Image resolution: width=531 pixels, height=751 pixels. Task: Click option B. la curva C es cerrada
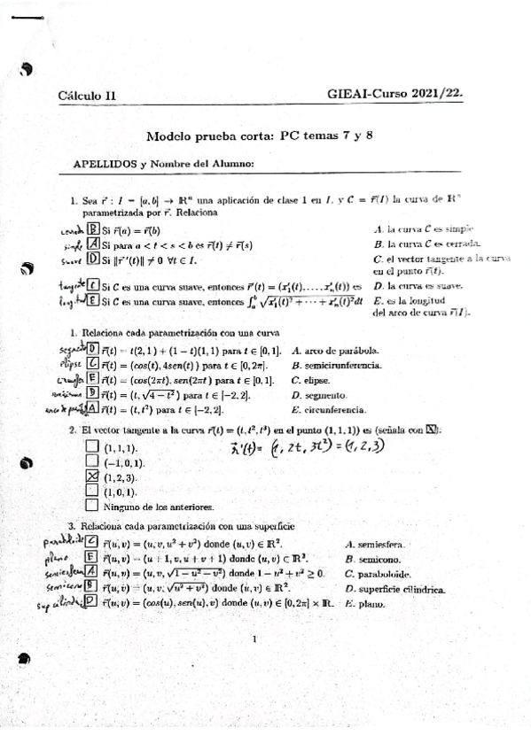click(427, 243)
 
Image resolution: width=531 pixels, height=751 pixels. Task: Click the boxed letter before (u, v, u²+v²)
click(91, 541)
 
